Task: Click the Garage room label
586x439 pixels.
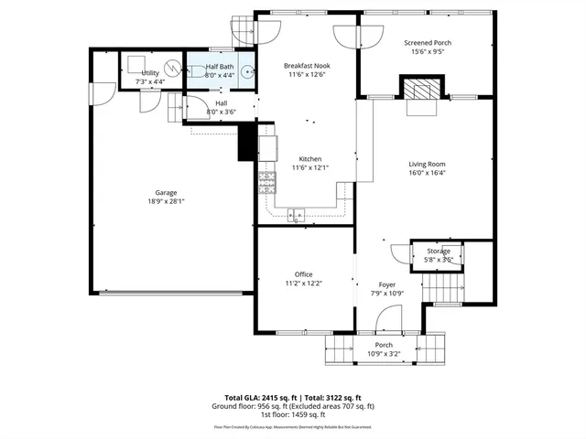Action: [166, 193]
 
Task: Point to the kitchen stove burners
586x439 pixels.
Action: [267, 184]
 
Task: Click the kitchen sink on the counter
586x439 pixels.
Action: [296, 216]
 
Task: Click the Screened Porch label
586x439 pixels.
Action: [428, 43]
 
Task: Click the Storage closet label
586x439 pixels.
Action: [438, 251]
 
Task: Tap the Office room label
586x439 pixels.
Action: [303, 274]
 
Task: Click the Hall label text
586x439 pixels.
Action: [221, 103]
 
